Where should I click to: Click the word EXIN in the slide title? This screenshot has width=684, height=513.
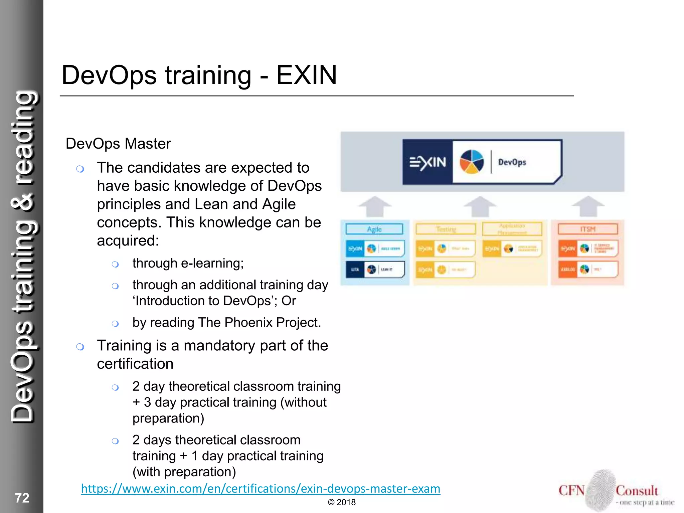coord(306,75)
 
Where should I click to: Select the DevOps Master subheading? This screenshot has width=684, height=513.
coord(118,144)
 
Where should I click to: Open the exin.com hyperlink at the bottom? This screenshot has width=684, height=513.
coord(261,489)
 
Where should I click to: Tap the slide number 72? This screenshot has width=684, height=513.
coord(22,498)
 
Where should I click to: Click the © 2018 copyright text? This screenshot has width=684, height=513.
coord(342,502)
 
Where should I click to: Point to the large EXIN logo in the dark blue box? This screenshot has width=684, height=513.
coord(427,162)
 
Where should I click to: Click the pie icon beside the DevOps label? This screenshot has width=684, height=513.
coord(472,162)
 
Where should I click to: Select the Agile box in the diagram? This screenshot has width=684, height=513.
coord(374,229)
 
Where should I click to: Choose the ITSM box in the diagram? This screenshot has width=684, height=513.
coord(587,229)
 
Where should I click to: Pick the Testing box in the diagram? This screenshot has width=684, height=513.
coord(446,229)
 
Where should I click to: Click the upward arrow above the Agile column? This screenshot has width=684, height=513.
coord(374,206)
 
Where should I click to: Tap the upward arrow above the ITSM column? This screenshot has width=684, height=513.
coord(588,206)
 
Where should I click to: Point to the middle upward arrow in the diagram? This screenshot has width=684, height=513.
coord(480,206)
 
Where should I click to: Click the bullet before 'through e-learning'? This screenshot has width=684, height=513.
coord(115,265)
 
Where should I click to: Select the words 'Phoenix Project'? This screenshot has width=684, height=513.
coord(273,323)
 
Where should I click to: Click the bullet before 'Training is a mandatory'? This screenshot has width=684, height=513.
coord(80,347)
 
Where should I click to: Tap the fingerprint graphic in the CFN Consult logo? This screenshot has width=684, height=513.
coord(600,490)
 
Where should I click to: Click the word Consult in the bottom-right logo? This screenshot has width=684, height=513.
coord(637,491)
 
